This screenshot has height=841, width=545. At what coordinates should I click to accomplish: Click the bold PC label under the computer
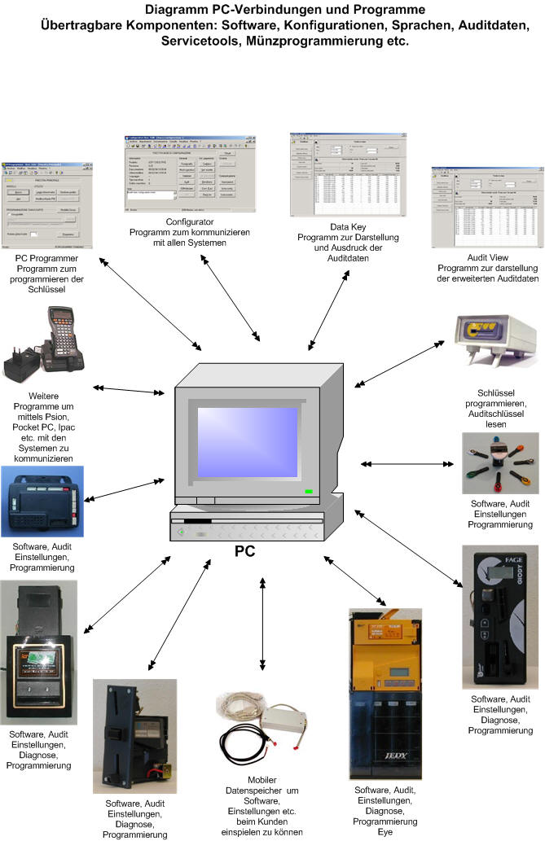tap(244, 551)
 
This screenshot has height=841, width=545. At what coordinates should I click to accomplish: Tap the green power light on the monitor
tap(309, 492)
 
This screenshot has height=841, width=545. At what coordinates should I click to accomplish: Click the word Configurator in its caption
tap(190, 221)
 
